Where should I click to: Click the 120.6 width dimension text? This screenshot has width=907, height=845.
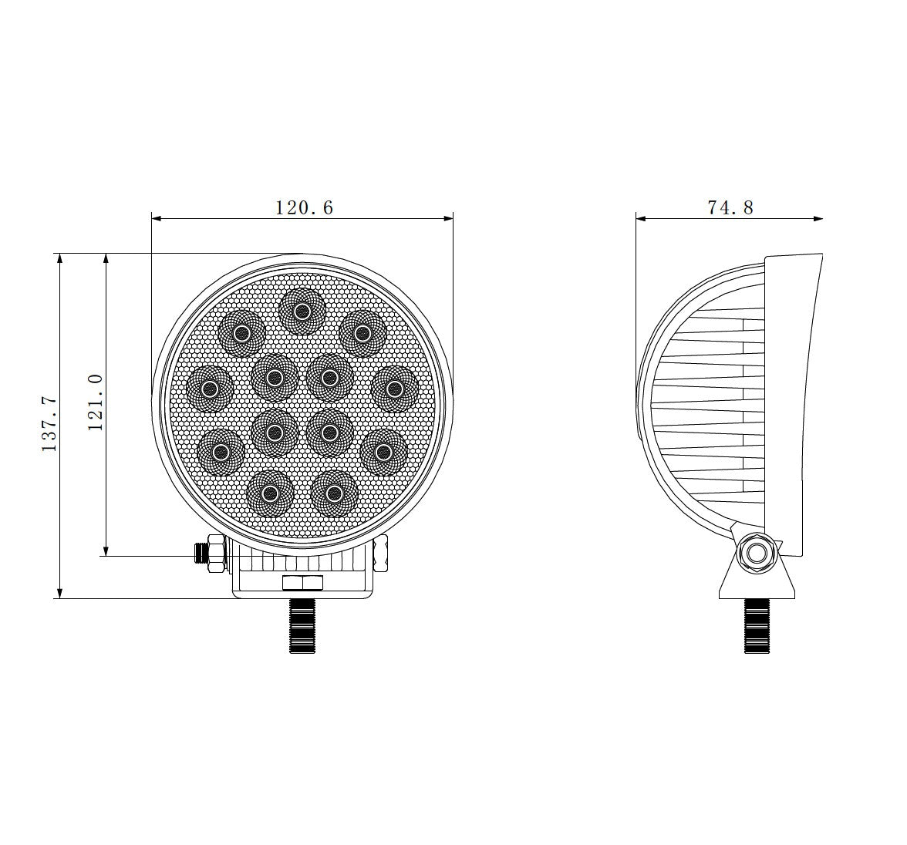304,207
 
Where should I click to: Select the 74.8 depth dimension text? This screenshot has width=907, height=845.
730,207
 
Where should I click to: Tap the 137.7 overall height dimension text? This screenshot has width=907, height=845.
49,424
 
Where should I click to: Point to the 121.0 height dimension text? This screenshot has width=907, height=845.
96,402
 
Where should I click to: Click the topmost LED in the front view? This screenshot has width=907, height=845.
302,311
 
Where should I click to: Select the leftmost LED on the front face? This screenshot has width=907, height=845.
209,389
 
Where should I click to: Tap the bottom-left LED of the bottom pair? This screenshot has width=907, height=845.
270,493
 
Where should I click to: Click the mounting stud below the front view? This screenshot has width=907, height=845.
302,626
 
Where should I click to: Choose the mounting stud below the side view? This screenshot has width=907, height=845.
757,626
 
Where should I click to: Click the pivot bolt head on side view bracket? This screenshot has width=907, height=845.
755,553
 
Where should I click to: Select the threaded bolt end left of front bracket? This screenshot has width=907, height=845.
203,554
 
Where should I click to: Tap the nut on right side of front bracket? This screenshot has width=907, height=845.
380,555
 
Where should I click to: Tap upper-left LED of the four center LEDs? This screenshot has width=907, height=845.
274,377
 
